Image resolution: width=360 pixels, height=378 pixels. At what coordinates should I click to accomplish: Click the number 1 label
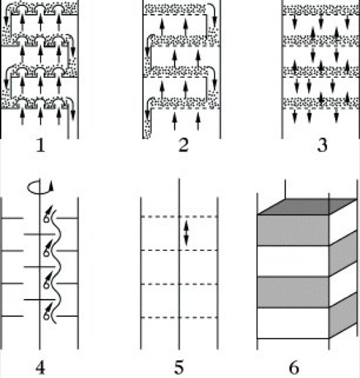(40, 146)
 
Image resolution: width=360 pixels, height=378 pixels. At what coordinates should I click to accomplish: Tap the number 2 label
(183, 145)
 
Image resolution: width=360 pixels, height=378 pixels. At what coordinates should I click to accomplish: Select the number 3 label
(322, 145)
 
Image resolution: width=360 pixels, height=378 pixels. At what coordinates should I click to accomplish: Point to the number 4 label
(40, 368)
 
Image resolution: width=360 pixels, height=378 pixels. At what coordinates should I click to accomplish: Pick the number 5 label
(179, 367)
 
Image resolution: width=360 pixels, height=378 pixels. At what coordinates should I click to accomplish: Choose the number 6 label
(294, 368)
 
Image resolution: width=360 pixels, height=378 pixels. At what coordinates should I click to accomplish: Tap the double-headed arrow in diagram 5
(186, 234)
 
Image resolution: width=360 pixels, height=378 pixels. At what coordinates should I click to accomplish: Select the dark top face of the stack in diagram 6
(307, 207)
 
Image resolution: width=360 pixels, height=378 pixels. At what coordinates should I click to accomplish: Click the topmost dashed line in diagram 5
(179, 217)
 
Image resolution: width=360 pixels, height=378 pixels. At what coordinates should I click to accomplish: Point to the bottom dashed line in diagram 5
(179, 317)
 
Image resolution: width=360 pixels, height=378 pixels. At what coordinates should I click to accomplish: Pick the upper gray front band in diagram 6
(293, 230)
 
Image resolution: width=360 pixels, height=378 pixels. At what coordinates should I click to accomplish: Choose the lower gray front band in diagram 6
(293, 292)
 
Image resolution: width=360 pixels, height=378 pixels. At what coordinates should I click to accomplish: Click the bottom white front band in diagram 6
(293, 323)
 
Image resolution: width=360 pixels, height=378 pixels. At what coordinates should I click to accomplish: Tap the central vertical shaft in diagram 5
(179, 264)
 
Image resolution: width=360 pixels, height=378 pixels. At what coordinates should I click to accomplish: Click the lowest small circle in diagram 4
(47, 316)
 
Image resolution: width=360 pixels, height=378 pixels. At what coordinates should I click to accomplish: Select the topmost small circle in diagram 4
(47, 219)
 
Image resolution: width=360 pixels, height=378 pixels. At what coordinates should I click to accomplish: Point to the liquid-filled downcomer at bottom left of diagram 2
(147, 123)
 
